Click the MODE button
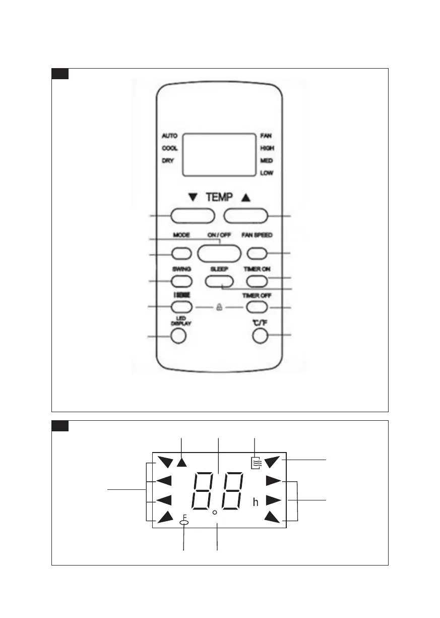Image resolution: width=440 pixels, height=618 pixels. coord(182,253)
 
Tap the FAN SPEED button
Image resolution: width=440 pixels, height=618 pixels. coord(257,253)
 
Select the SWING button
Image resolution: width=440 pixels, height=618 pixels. coord(182,280)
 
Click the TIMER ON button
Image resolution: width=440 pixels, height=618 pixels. coord(256,280)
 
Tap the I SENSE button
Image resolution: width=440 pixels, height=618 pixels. coord(182,306)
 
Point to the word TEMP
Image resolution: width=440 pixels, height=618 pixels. coord(219,199)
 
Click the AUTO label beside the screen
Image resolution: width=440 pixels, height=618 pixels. coord(169,136)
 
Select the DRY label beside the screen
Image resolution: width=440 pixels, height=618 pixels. coord(168,160)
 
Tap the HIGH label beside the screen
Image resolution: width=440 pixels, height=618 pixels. coord(267,148)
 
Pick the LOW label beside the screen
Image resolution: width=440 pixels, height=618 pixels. coord(267,173)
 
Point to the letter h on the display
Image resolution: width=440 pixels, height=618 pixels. coord(256,502)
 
